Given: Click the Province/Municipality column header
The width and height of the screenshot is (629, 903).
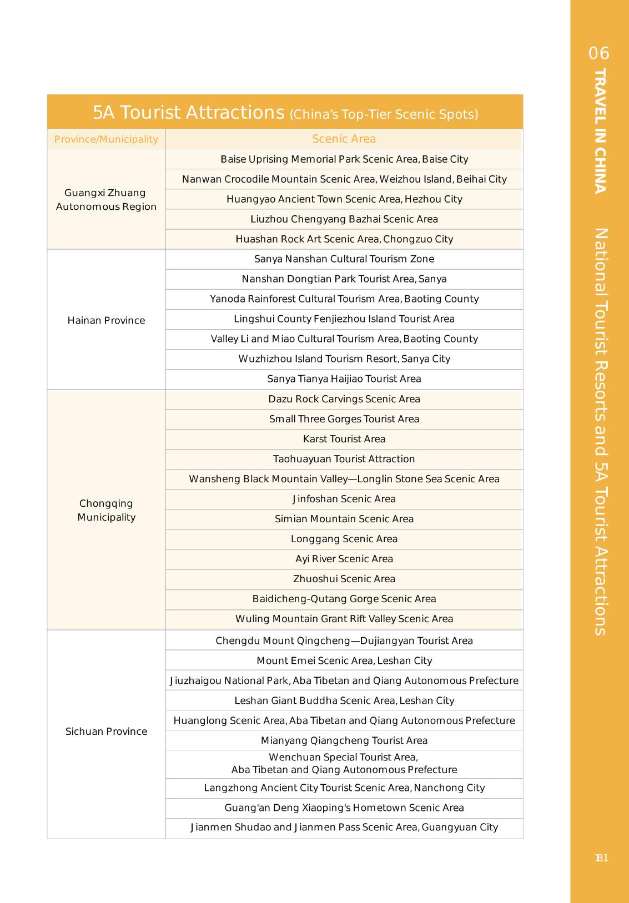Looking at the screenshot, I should point(106,139).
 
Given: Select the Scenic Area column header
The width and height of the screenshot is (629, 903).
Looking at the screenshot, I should point(344,139).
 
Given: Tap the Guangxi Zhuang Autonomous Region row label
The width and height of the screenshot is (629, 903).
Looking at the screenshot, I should point(106,200).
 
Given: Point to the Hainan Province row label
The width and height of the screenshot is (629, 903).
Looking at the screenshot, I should point(106,320).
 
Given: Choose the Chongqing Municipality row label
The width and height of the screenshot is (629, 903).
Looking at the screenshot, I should point(106,510).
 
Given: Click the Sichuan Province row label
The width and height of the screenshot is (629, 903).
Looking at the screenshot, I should point(106,732).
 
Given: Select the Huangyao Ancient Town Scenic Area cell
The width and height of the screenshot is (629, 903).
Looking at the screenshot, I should point(344,199).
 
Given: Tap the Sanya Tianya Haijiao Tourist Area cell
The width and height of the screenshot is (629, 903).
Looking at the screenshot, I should point(344,379).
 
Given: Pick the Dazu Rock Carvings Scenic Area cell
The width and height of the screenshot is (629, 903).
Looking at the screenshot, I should point(344,399).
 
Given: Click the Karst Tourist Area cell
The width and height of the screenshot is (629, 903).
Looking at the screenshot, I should point(344,439).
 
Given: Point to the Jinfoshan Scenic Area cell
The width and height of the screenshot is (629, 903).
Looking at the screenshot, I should point(344,499).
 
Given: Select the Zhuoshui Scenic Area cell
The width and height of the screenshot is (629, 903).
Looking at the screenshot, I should point(344,579).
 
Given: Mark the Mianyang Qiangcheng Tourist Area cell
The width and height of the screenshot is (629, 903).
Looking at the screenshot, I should point(344,740).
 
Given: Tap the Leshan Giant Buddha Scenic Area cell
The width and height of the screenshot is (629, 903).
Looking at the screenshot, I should point(344,700).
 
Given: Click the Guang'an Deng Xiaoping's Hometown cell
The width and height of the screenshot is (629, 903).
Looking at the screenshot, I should point(344,808).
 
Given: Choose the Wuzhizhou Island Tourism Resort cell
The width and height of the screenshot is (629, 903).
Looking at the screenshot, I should point(344,359).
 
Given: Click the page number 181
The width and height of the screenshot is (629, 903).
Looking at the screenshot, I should point(601,858).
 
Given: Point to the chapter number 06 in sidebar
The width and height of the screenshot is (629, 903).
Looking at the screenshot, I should point(599,53).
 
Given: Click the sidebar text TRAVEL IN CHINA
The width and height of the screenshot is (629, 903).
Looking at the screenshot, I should point(600,131).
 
